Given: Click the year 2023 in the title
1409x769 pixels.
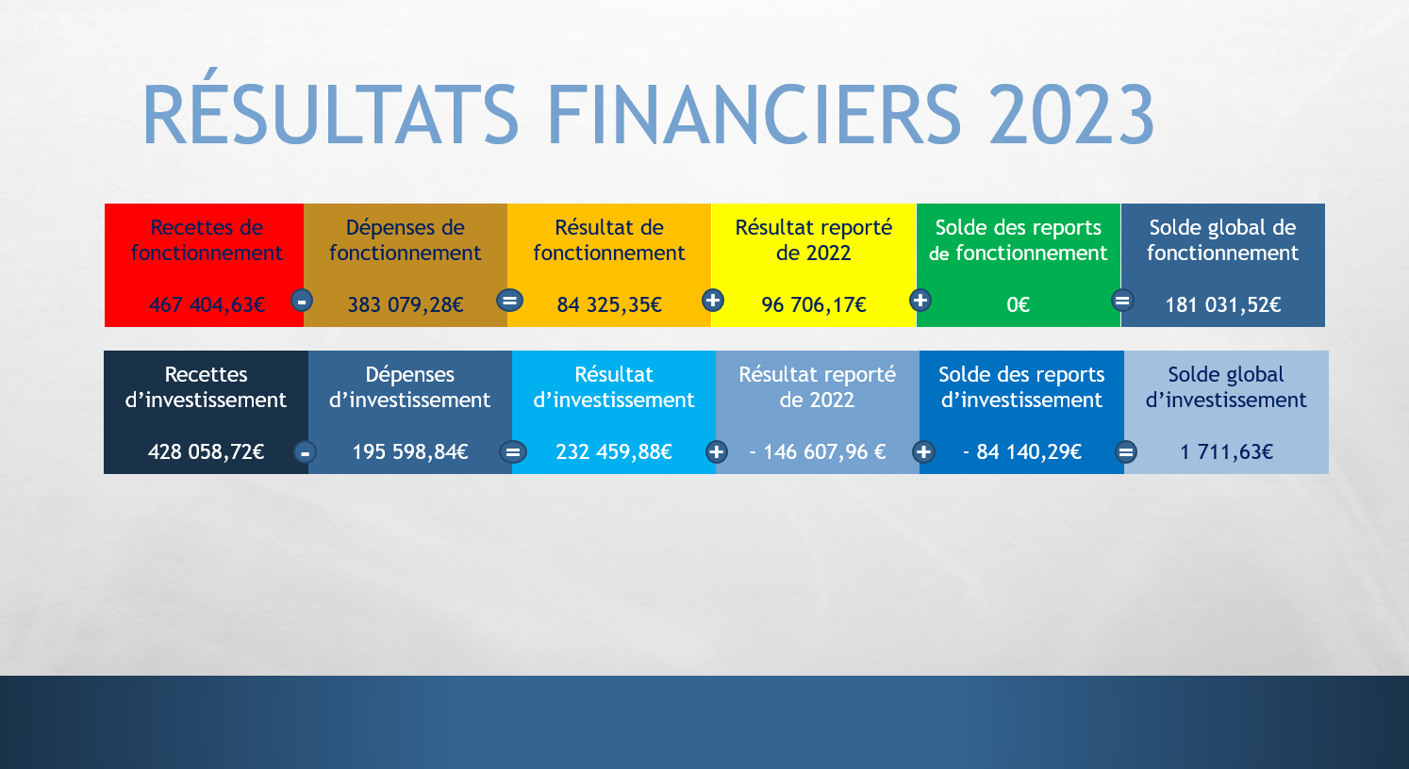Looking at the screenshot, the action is tap(1071, 115).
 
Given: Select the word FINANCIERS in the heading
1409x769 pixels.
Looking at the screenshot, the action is tap(754, 115).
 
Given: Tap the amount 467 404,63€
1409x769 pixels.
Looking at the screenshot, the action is tap(207, 305).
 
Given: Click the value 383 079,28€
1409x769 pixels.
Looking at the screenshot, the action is tap(406, 305).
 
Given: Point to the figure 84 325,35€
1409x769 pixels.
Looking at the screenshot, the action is tap(609, 305).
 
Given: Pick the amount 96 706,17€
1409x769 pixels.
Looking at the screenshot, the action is tap(814, 305).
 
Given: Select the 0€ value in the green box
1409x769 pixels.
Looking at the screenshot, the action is tap(1019, 305).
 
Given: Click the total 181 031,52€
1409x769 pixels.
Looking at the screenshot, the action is tap(1223, 305).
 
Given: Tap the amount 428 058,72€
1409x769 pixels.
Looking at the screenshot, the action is tap(207, 452).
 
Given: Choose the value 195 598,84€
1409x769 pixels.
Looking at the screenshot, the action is tap(410, 452).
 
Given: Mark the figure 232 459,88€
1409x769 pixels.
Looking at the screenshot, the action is tap(614, 452).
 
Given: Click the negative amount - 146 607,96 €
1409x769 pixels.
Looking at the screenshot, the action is tap(818, 452).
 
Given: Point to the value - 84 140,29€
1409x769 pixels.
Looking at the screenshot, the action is tap(1022, 452).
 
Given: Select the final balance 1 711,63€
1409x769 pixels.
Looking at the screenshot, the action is tap(1227, 452).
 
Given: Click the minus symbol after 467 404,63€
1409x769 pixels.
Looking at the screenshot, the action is tap(302, 301).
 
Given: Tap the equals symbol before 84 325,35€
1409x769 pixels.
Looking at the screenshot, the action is tap(509, 301).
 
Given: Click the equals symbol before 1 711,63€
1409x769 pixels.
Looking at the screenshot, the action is tap(1126, 452).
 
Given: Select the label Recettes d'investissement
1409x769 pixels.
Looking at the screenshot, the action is tap(206, 387).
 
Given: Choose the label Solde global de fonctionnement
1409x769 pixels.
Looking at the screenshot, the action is tap(1223, 240).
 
